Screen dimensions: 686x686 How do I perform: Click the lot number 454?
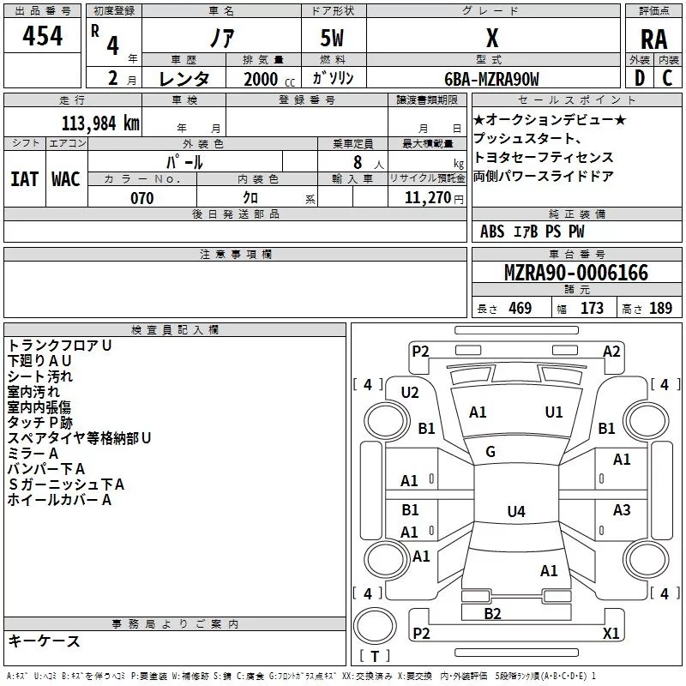43,36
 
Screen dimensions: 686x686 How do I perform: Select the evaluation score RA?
653,39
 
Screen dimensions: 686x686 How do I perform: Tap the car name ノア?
220,39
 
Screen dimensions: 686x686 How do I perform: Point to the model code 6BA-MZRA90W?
492,79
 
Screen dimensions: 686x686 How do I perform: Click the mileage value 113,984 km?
100,123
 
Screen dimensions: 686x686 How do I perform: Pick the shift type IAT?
24,178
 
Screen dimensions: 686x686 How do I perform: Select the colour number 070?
141,198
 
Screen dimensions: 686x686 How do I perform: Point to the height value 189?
660,309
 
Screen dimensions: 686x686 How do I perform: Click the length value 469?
519,309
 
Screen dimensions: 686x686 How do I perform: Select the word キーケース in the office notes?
44,641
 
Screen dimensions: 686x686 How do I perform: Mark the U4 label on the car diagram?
515,512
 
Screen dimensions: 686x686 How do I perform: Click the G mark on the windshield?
490,452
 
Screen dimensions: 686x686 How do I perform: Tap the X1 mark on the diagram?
611,633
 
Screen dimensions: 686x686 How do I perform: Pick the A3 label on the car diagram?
622,510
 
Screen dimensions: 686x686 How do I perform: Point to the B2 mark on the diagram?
492,613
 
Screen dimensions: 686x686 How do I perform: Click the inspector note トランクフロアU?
60,345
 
